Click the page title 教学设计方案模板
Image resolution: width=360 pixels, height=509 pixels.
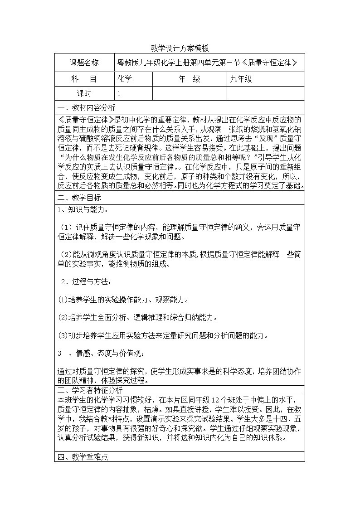click(180, 48)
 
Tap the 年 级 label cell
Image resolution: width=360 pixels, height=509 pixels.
click(189, 79)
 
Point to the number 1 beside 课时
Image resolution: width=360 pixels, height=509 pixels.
click(119, 93)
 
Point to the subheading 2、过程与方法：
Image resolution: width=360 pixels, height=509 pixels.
click(86, 282)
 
